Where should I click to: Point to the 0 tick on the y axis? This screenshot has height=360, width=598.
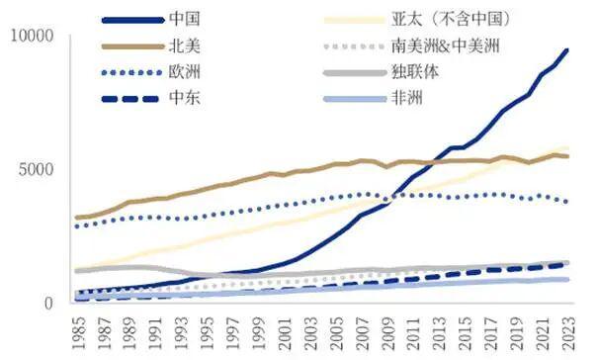[x=55, y=303]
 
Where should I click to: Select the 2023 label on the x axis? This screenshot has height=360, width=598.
[x=566, y=331]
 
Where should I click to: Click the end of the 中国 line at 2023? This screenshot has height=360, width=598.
[x=566, y=49]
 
